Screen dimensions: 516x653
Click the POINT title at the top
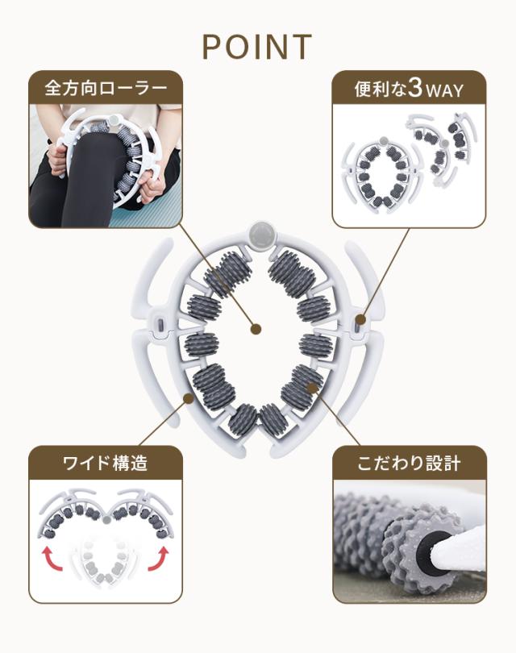(257, 47)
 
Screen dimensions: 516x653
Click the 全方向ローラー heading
(106, 89)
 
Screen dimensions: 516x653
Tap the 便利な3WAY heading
(409, 89)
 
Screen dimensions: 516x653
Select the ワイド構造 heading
(106, 463)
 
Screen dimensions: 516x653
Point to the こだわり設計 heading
(409, 463)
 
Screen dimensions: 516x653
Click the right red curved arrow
(159, 559)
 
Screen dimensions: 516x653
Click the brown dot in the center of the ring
(256, 329)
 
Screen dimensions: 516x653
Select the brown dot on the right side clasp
(361, 320)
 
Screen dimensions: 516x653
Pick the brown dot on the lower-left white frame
(188, 398)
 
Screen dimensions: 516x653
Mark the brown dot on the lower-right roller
(311, 388)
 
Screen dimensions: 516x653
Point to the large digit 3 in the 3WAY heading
(415, 88)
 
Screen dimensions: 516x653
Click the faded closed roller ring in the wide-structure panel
(103, 561)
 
